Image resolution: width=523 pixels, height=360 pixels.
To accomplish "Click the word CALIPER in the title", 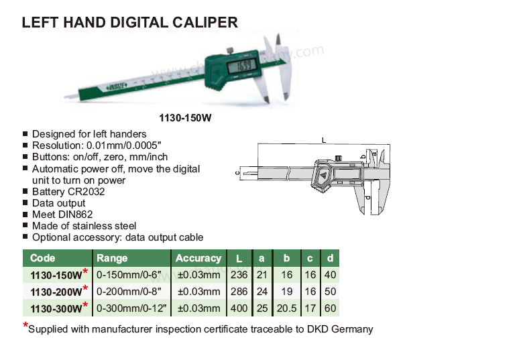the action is click(x=205, y=23).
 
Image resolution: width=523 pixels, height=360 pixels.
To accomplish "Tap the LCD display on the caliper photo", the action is click(x=241, y=66).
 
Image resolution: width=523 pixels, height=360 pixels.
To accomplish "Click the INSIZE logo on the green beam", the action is click(x=117, y=86).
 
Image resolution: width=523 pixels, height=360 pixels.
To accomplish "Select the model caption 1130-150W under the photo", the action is click(x=185, y=118).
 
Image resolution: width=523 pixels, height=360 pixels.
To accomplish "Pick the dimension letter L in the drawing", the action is click(x=324, y=140).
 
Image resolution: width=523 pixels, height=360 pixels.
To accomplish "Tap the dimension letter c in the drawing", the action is click(x=237, y=173).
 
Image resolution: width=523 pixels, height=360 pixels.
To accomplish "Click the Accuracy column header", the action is click(x=198, y=258).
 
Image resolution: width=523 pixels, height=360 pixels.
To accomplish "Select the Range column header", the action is click(x=112, y=258).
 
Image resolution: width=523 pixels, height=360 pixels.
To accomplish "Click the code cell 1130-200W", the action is click(x=56, y=292).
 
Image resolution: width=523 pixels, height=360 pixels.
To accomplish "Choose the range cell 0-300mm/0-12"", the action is click(x=131, y=308).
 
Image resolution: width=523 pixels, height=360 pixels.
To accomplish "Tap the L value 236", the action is click(x=239, y=275).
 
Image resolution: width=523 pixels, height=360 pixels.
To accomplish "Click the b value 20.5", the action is click(x=286, y=308).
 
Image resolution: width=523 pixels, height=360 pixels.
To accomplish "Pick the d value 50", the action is click(x=330, y=292).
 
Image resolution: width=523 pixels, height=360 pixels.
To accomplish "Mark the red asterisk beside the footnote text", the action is click(x=25, y=325).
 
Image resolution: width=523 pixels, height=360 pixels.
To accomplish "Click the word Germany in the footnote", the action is click(x=352, y=329).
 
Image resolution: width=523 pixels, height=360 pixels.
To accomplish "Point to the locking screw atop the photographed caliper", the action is click(x=230, y=51).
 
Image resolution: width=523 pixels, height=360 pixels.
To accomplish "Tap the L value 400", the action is click(x=239, y=308).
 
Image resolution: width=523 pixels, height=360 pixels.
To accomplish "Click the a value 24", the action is click(x=262, y=292).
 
